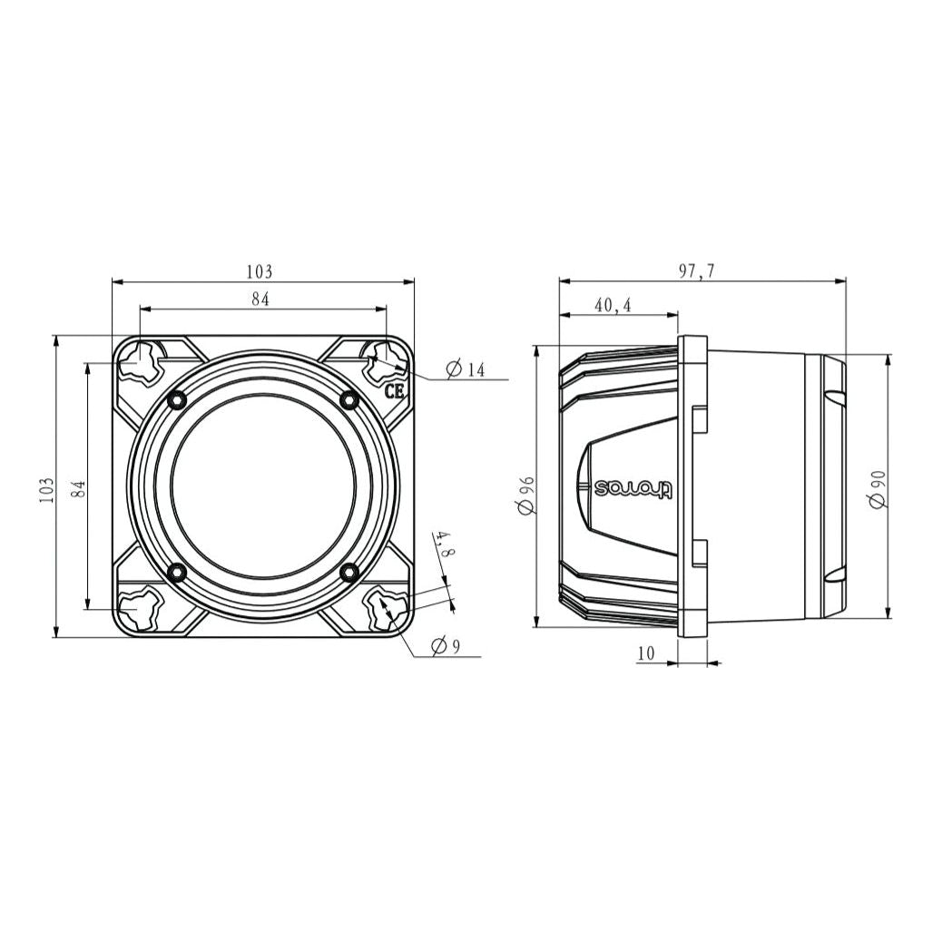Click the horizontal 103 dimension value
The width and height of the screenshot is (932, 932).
point(260,271)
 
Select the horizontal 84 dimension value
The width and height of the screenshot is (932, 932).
point(260,299)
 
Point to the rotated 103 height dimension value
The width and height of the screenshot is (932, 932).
point(48,489)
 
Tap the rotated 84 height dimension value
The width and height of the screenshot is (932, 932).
point(79,489)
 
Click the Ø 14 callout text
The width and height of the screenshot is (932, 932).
point(466,369)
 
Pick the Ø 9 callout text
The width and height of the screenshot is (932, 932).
point(446,646)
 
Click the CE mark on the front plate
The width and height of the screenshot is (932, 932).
point(394,392)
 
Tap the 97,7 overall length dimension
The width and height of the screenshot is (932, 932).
point(697,271)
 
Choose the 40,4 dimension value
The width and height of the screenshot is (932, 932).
point(613,306)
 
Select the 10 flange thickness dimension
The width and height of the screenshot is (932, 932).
point(646,652)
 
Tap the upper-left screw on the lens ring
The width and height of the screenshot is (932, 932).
point(177,399)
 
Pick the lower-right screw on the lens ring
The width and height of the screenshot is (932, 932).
point(348,572)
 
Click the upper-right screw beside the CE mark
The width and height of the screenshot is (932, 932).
point(348,399)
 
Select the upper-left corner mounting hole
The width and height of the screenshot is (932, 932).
point(140,360)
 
